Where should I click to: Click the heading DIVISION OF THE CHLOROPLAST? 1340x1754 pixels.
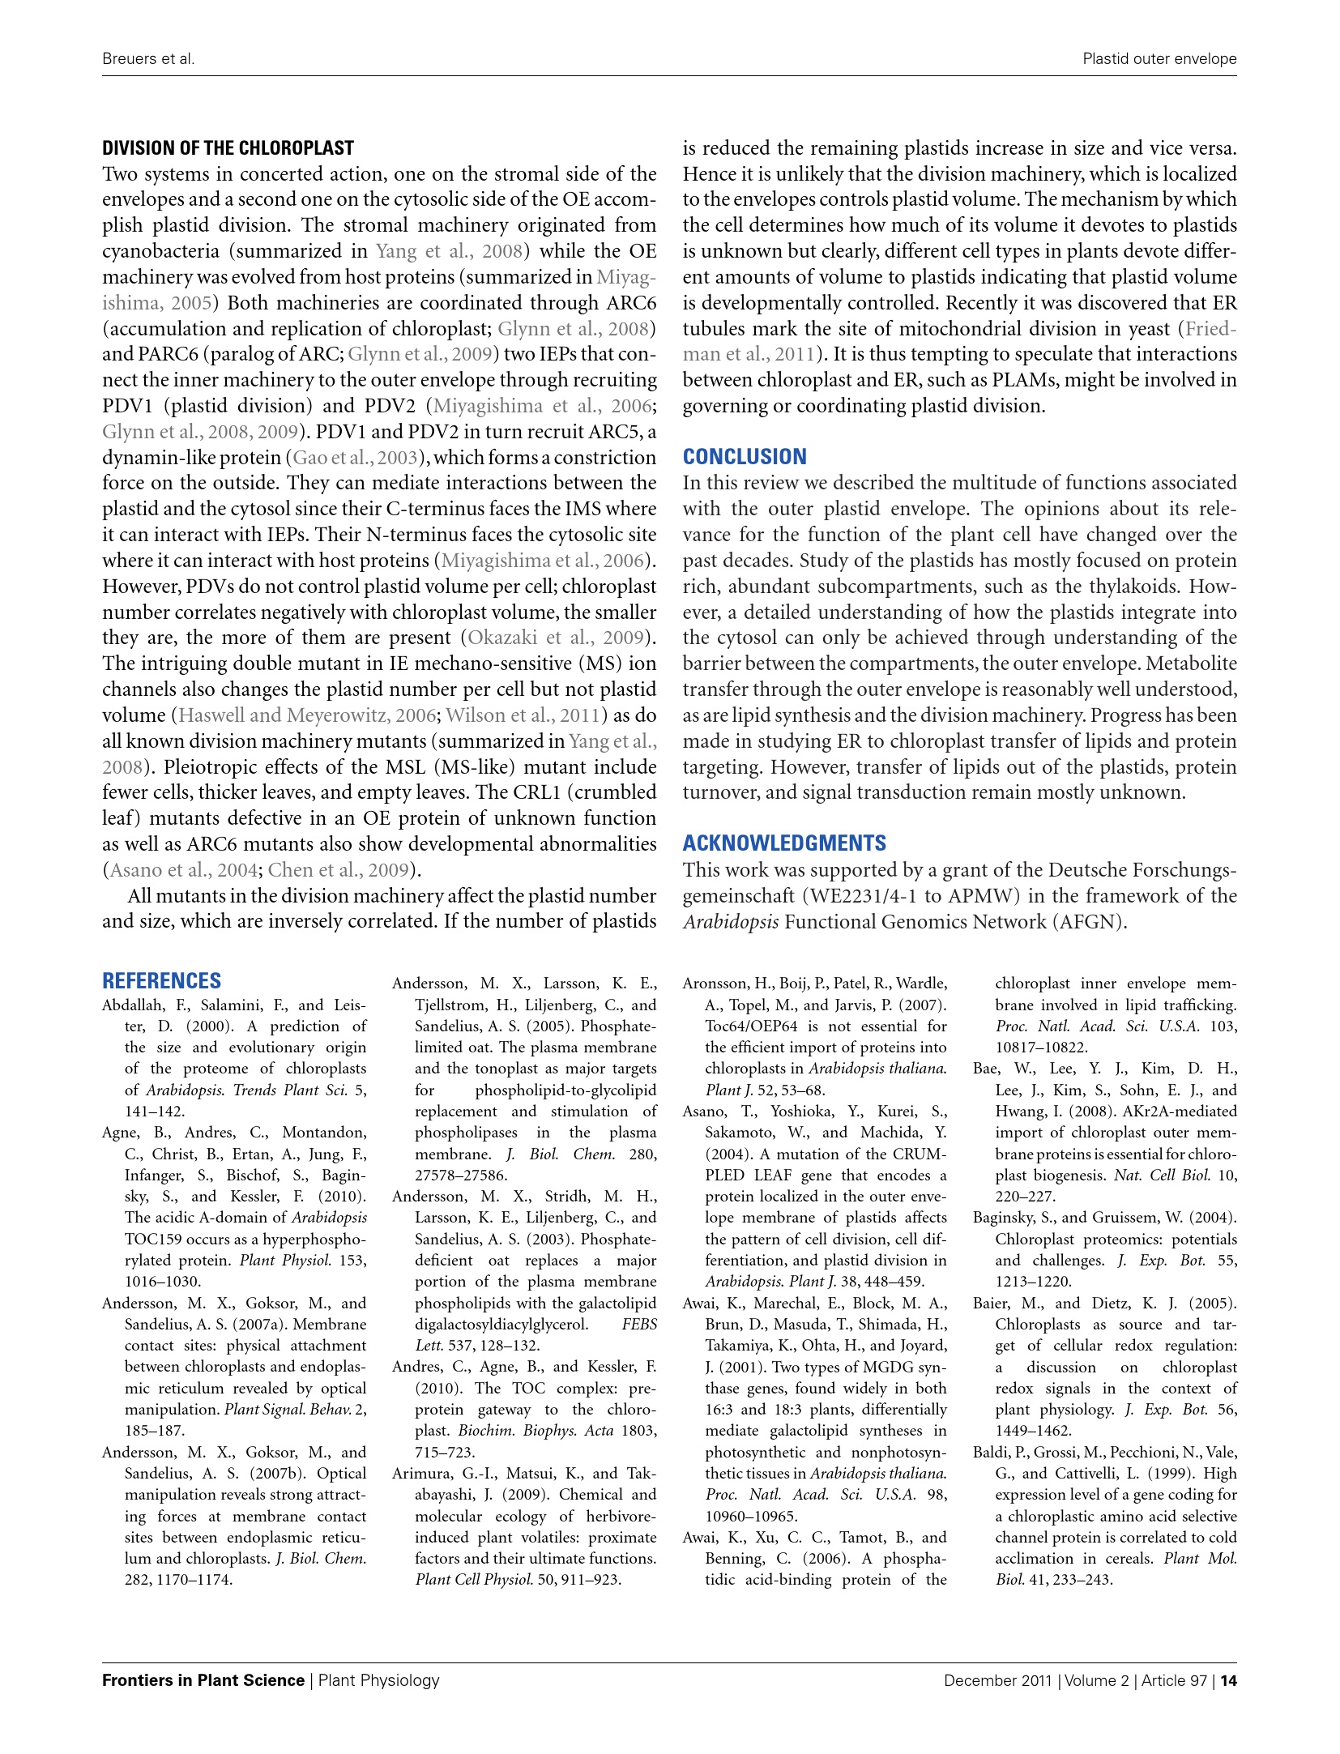point(228,148)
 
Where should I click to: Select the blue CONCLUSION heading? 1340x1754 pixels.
point(744,457)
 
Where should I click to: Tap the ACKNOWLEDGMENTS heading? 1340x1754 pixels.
point(783,843)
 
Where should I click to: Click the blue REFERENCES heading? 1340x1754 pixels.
point(161,981)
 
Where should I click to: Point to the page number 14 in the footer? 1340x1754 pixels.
point(1228,1680)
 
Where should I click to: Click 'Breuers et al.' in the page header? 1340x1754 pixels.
point(148,59)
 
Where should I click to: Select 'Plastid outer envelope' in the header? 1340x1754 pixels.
point(1159,59)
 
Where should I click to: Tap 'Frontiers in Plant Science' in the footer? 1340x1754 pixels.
point(203,1680)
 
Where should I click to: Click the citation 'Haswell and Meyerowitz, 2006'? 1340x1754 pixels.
point(307,715)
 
